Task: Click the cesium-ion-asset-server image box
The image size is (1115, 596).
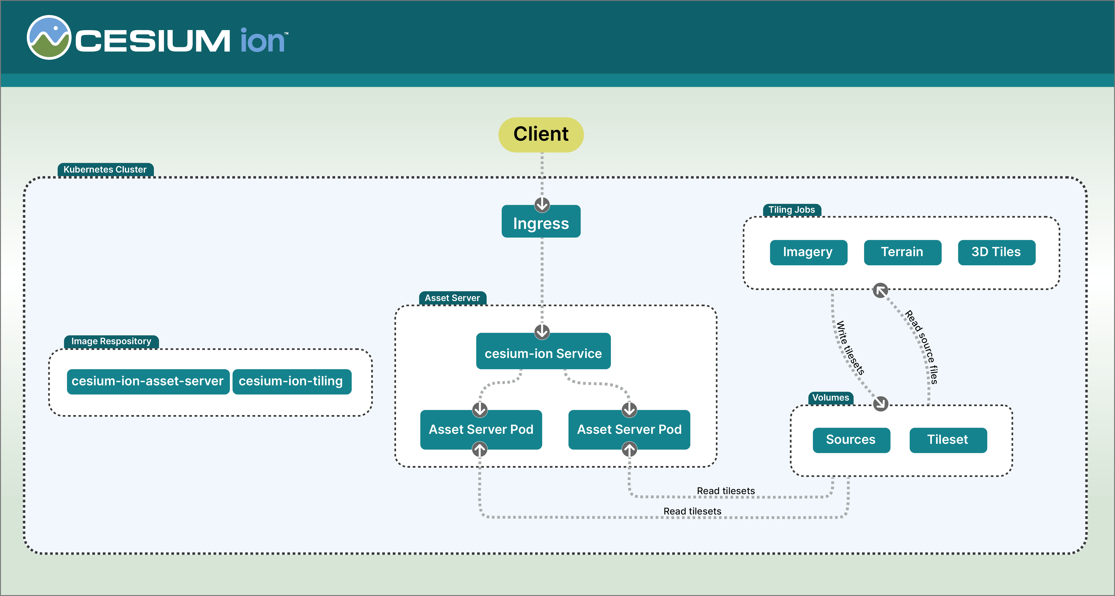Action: pyautogui.click(x=147, y=381)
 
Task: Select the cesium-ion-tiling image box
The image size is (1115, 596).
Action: pyautogui.click(x=291, y=381)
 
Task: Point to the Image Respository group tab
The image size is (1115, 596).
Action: pyautogui.click(x=111, y=341)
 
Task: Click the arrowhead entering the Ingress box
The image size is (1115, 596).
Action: pyautogui.click(x=542, y=204)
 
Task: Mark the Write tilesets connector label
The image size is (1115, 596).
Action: pyautogui.click(x=850, y=348)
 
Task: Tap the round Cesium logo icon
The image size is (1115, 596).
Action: pyautogui.click(x=49, y=38)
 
